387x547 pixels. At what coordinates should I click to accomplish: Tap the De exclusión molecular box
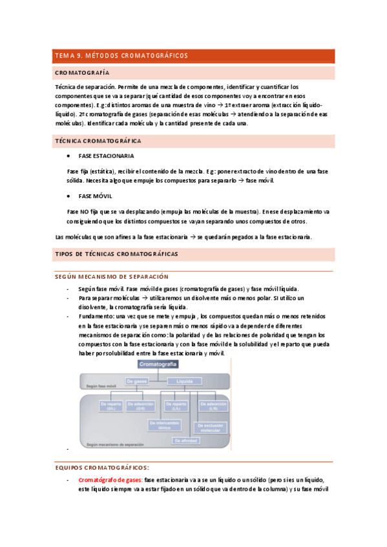(x=210, y=428)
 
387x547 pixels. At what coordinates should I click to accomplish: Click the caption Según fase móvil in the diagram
(x=101, y=386)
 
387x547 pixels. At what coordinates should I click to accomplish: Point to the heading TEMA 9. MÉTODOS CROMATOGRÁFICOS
(x=121, y=56)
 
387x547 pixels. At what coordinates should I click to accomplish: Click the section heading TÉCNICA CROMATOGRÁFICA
(x=98, y=141)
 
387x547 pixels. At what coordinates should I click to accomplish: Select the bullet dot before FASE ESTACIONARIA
(x=68, y=156)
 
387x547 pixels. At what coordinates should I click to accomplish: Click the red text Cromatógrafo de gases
(x=110, y=480)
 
